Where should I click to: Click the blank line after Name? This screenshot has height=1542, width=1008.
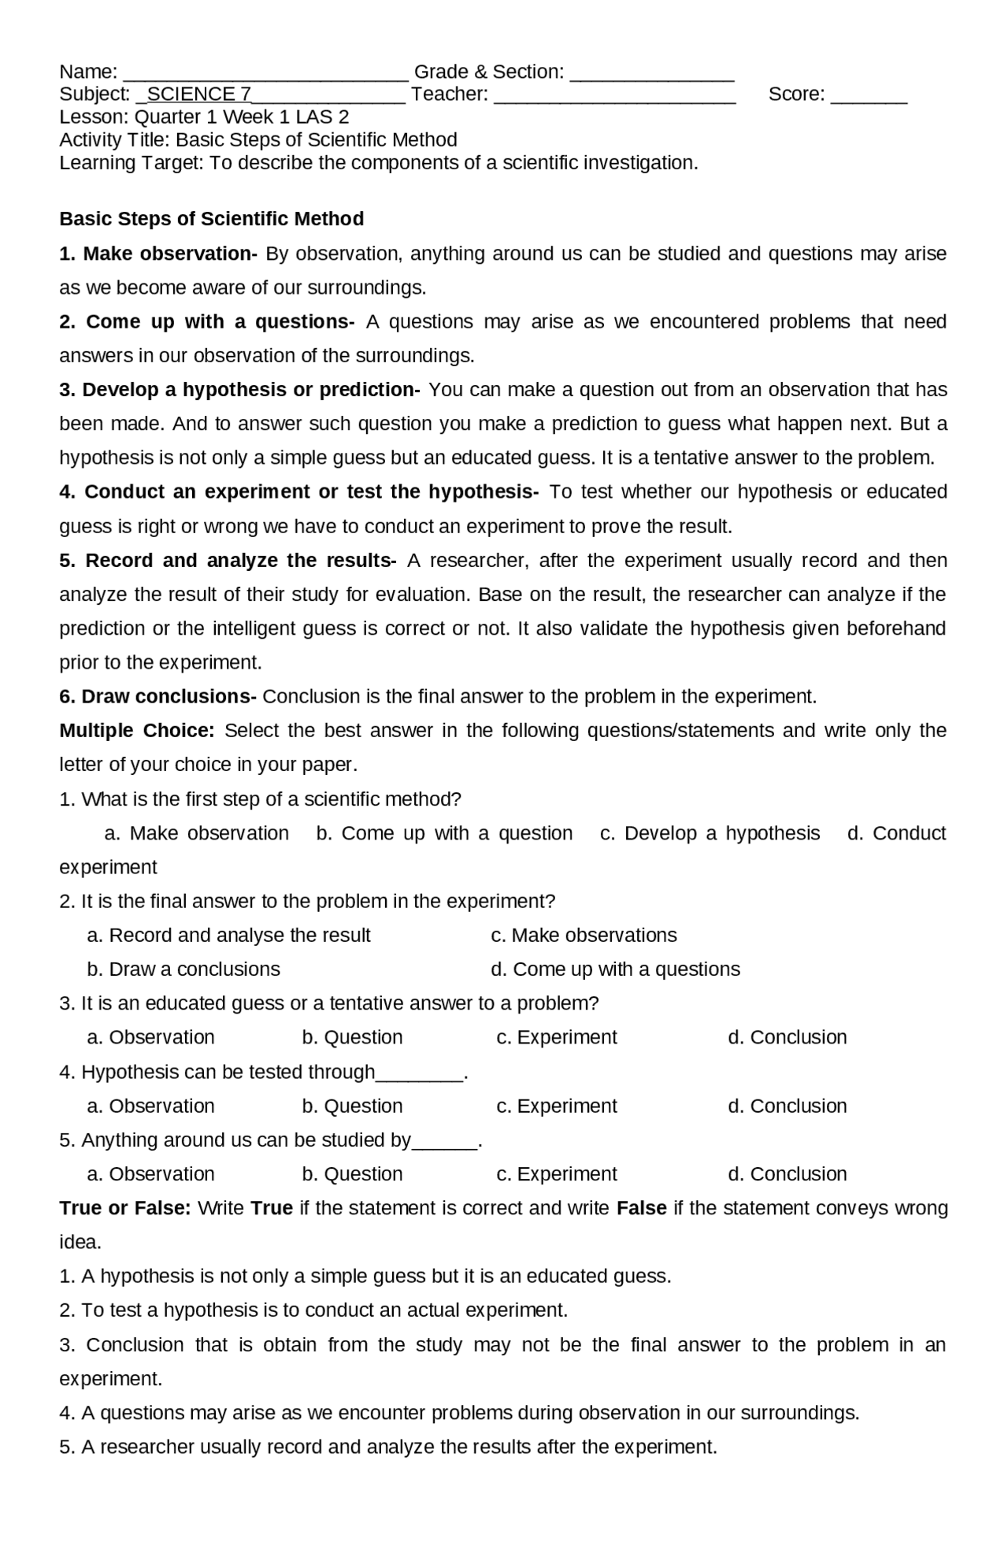266,76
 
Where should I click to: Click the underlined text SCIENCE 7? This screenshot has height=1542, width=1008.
198,95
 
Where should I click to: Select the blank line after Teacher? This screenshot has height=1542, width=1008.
615,98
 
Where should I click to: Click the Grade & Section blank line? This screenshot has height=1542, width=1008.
652,76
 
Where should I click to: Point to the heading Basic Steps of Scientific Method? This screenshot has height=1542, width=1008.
211,219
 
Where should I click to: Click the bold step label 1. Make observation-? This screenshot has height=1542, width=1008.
158,254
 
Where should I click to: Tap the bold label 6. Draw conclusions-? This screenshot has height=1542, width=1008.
157,697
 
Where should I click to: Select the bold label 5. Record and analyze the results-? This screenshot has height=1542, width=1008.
228,561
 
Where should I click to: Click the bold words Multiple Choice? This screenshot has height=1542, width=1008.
137,731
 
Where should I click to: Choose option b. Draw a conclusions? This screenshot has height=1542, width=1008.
183,969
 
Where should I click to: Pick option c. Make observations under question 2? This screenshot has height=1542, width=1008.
584,936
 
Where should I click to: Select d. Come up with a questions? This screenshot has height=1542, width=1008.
615,969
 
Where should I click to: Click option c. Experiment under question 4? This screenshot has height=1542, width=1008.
557,1106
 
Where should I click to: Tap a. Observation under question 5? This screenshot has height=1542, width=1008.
150,1174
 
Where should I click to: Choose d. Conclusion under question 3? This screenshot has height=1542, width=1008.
787,1038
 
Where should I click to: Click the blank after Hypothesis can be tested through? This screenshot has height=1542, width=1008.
420,1077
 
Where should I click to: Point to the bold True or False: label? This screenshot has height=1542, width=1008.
125,1208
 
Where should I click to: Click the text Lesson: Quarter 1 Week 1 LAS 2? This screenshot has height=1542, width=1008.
204,117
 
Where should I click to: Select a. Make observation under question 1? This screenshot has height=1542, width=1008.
197,833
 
